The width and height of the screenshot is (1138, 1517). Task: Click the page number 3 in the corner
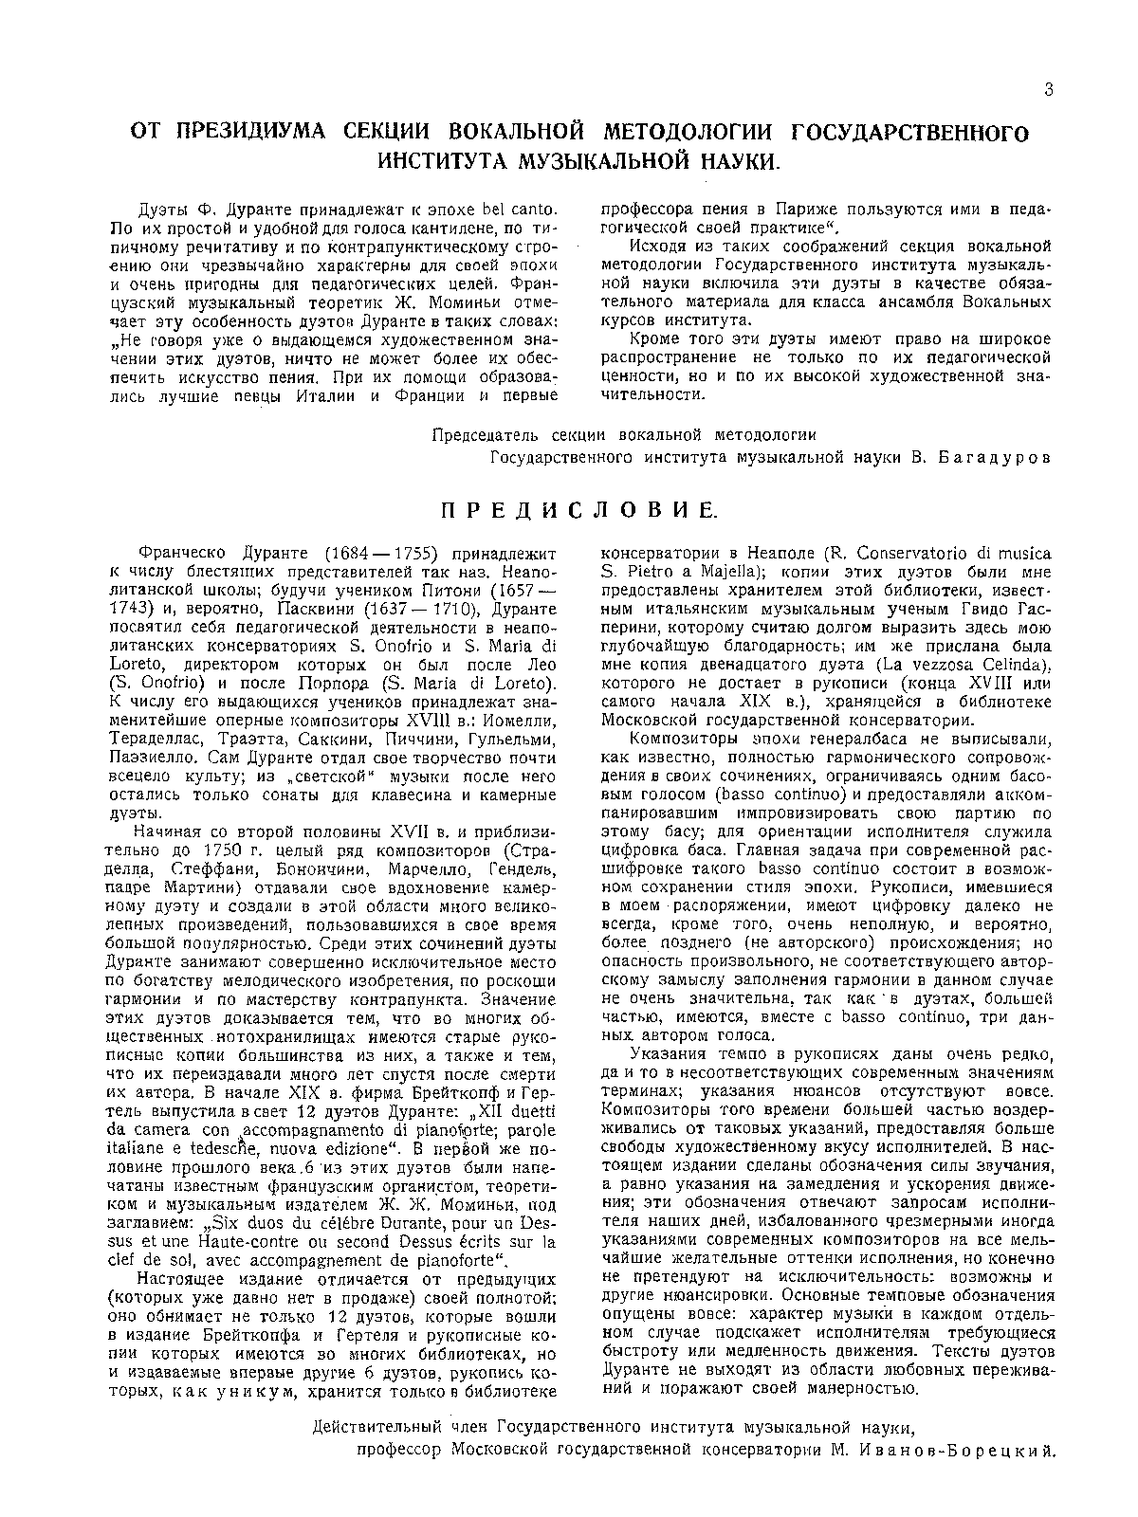(x=1048, y=90)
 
